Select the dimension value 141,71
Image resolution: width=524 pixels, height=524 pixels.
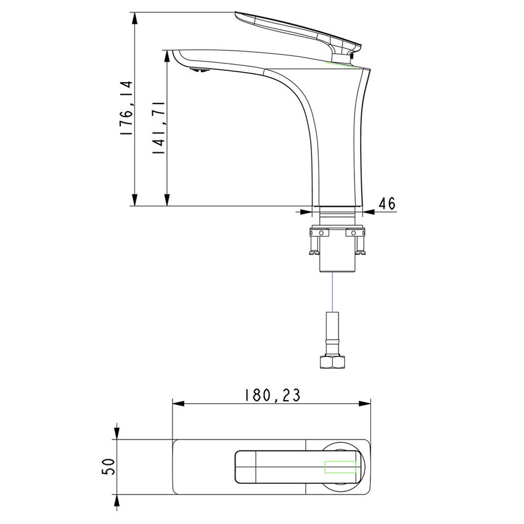(158, 127)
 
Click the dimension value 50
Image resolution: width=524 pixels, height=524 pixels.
(107, 466)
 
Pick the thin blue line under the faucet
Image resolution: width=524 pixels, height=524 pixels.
(333, 292)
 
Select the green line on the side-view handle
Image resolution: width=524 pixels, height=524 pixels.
(342, 63)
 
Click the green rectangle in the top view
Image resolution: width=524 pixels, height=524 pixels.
(341, 467)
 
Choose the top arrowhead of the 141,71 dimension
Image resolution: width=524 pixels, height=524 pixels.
(166, 55)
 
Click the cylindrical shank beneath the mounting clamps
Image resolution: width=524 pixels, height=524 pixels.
(337, 259)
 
